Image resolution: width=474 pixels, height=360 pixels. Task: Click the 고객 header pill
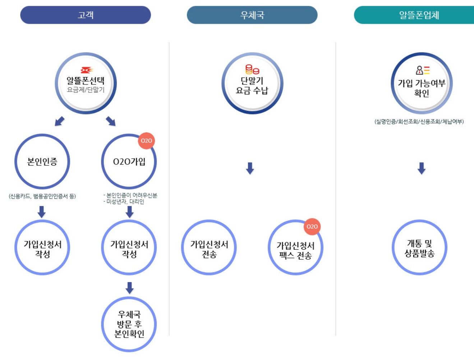click(86, 15)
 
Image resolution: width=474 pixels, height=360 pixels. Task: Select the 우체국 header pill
click(252, 15)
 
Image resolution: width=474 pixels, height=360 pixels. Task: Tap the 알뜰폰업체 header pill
click(417, 15)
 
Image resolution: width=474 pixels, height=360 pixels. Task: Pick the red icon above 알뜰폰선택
click(86, 70)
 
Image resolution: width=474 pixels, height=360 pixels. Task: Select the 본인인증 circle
click(42, 161)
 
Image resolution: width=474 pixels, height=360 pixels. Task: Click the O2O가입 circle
click(129, 161)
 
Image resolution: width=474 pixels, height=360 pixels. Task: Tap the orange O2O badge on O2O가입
click(146, 141)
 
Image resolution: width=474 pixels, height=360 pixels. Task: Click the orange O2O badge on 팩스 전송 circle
click(312, 227)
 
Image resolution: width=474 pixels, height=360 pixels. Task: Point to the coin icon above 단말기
click(252, 69)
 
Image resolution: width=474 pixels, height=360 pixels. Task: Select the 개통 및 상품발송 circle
click(419, 248)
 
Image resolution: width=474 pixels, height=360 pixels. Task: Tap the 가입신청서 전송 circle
click(209, 248)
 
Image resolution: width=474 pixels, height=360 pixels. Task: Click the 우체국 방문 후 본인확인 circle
click(129, 324)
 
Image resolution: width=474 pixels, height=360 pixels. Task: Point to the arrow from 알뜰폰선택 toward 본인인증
click(60, 121)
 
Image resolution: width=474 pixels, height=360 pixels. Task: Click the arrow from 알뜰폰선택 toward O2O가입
click(111, 121)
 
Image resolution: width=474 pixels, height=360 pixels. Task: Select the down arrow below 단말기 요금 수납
click(250, 168)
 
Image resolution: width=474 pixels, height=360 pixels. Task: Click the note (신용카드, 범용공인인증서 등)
click(42, 196)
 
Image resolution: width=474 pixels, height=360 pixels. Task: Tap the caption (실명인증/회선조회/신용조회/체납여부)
click(419, 122)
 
